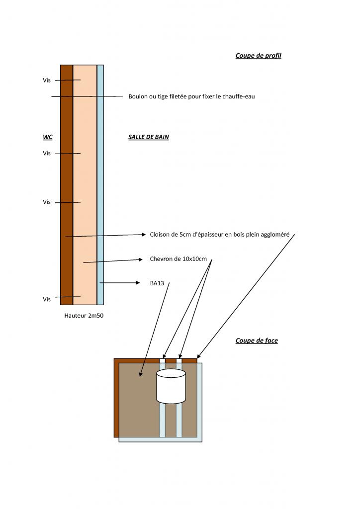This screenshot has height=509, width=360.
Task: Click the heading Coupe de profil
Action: pyautogui.click(x=258, y=56)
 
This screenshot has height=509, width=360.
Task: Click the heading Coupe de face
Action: pyautogui.click(x=256, y=340)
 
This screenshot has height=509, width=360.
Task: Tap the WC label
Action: pyautogui.click(x=48, y=137)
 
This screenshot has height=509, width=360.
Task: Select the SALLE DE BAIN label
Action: pyautogui.click(x=148, y=137)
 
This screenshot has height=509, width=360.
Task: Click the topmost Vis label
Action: pyautogui.click(x=47, y=80)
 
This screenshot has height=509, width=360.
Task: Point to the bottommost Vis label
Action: pyautogui.click(x=47, y=299)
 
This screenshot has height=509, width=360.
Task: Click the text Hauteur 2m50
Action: pyautogui.click(x=84, y=315)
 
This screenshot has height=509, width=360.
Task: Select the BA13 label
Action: pyautogui.click(x=157, y=283)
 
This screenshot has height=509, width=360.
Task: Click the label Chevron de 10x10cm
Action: pyautogui.click(x=178, y=259)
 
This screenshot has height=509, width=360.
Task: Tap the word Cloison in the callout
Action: pyautogui.click(x=160, y=234)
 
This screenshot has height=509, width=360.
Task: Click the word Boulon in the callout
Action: pyautogui.click(x=139, y=96)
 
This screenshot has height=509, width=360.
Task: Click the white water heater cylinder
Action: pyautogui.click(x=171, y=386)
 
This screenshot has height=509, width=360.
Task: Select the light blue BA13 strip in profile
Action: pyautogui.click(x=100, y=184)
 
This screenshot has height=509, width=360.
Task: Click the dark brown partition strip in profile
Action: pyautogui.click(x=67, y=184)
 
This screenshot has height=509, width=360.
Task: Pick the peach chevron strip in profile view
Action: pyautogui.click(x=85, y=184)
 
